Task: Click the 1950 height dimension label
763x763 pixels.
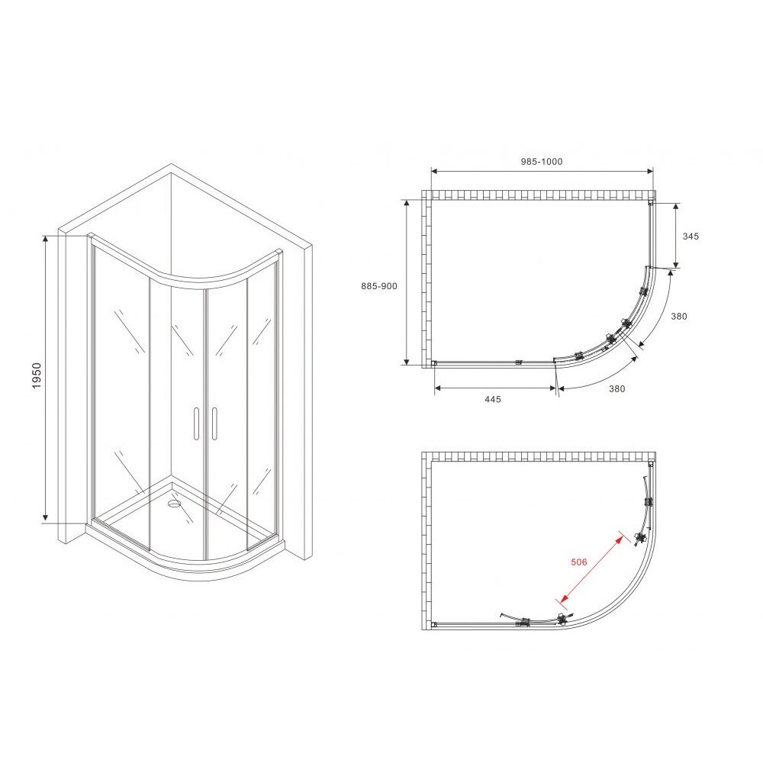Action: pyautogui.click(x=37, y=375)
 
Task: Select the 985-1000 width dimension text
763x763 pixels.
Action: pyautogui.click(x=541, y=162)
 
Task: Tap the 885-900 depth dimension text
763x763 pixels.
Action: pyautogui.click(x=379, y=286)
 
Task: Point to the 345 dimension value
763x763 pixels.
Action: pyautogui.click(x=691, y=236)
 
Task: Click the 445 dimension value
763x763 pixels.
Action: pyautogui.click(x=492, y=399)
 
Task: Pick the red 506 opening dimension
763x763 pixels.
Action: pyautogui.click(x=578, y=562)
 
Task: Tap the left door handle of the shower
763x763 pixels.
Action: pyautogui.click(x=196, y=423)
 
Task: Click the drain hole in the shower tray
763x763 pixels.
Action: pyautogui.click(x=174, y=503)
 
